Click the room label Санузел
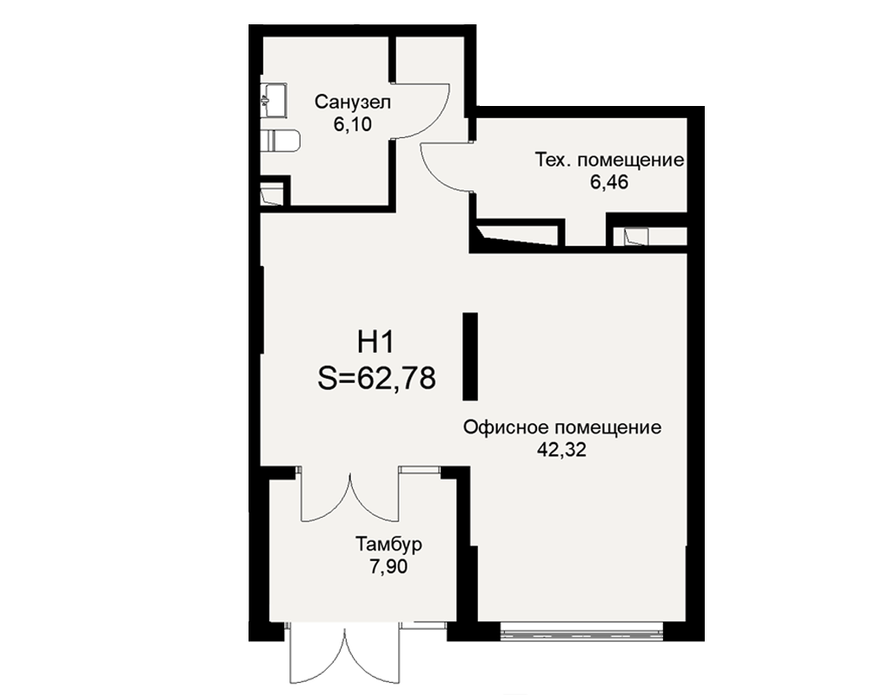click(x=353, y=102)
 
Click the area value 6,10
click(x=353, y=125)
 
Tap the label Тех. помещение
click(x=609, y=160)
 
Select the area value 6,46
click(x=609, y=182)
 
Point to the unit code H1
click(x=375, y=342)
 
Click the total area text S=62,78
click(x=377, y=379)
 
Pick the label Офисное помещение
click(x=562, y=428)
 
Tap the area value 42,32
click(x=561, y=450)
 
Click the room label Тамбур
click(x=388, y=544)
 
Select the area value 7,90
click(x=388, y=567)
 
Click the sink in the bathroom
click(x=274, y=100)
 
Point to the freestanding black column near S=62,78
click(x=470, y=356)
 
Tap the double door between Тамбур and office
click(x=349, y=496)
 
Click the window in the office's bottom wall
click(x=581, y=632)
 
